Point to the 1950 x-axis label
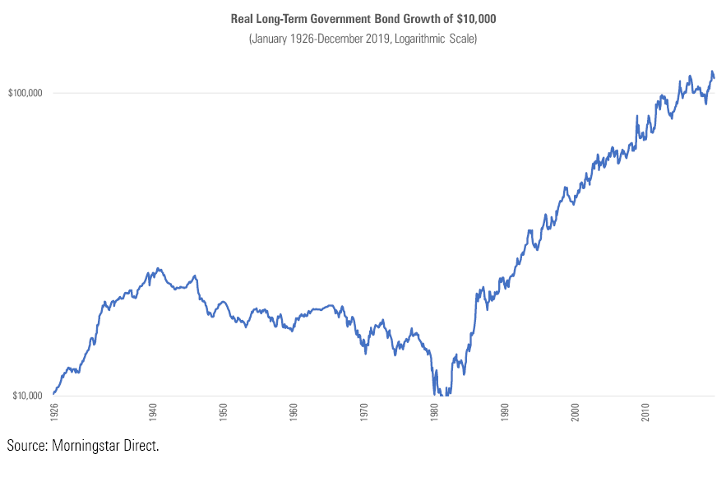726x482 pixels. pos(223,411)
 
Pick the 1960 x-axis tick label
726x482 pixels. pos(294,411)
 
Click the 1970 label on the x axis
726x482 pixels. pos(363,411)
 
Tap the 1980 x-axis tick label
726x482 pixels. pos(434,411)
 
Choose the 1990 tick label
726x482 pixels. pos(505,411)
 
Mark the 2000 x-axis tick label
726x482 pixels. pos(576,411)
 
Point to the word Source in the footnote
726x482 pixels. pos(26,446)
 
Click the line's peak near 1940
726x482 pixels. pos(158,268)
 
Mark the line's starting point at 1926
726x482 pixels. pos(53,394)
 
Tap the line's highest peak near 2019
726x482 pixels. pos(711,72)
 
